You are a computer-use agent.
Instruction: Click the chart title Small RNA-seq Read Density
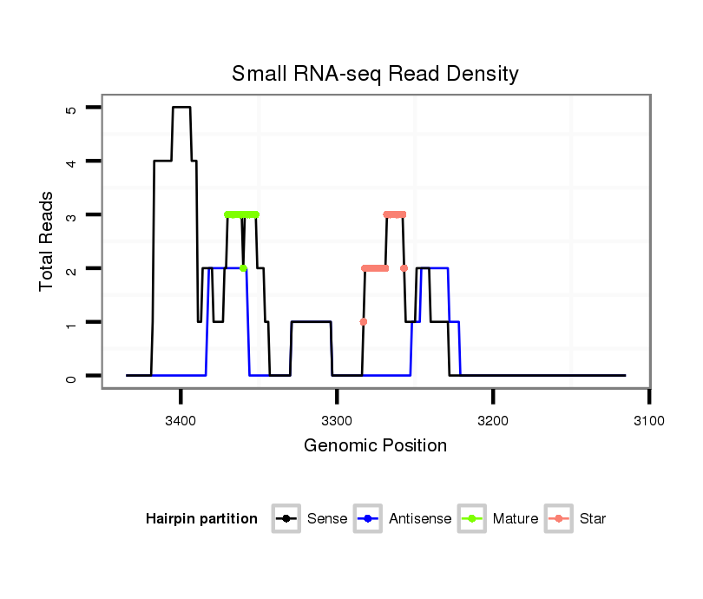(375, 74)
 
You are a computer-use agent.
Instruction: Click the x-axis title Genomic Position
(375, 446)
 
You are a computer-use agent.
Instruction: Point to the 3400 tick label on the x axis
(181, 421)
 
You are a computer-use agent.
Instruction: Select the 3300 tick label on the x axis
(337, 421)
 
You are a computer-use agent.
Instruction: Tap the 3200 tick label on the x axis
(493, 421)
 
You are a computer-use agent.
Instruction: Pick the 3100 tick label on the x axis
(649, 421)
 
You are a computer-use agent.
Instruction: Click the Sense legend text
(327, 519)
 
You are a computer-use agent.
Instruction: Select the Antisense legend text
(420, 519)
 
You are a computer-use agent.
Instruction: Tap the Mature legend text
(516, 519)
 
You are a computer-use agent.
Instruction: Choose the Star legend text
(594, 519)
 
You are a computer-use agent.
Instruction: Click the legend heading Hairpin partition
(201, 519)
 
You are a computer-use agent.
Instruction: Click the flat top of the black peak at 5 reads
(181, 108)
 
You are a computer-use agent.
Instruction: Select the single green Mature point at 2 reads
(243, 268)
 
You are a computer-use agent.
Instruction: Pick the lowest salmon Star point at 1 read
(364, 322)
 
